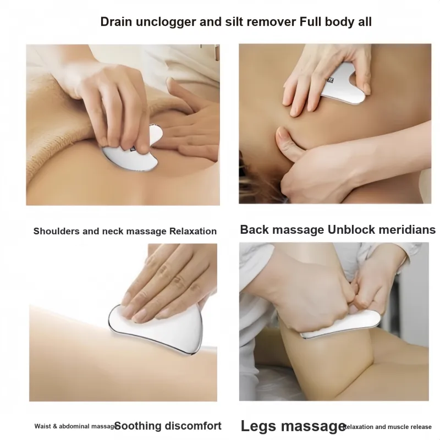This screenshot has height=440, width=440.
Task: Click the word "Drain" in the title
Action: click(116, 22)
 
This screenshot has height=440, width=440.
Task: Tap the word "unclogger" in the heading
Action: click(166, 22)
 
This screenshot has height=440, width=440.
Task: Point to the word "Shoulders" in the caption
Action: click(56, 231)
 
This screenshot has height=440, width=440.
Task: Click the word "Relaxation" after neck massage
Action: click(193, 231)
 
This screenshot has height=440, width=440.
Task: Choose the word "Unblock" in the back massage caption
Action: click(351, 229)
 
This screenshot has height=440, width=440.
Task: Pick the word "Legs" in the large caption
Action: click(258, 426)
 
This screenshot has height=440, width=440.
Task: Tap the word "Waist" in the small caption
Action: click(43, 426)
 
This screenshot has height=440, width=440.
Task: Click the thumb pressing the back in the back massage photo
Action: click(289, 143)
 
